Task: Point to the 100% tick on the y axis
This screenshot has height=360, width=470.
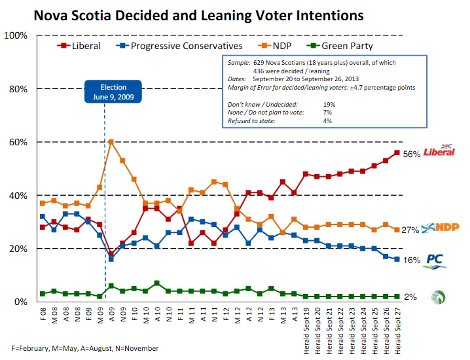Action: tap(16, 35)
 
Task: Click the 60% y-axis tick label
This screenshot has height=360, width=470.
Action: tap(18, 142)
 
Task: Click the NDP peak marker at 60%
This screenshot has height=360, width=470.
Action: tap(112, 141)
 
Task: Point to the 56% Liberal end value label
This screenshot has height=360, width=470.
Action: tap(410, 154)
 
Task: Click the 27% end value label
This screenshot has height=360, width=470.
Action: tap(410, 230)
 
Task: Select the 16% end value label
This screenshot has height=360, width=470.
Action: tap(410, 260)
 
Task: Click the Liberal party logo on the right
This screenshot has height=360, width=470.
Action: tap(439, 151)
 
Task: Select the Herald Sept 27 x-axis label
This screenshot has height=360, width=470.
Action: tap(397, 329)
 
